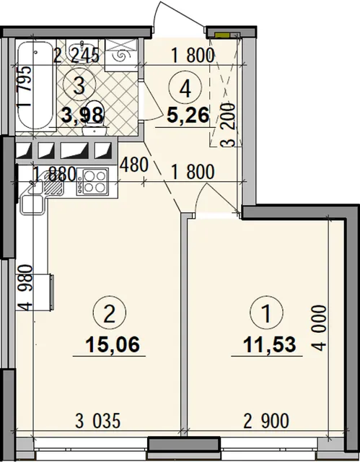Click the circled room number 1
pyautogui.click(x=266, y=313)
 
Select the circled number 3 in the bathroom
pyautogui.click(x=79, y=86)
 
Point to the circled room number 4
pyautogui.click(x=185, y=88)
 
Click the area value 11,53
pyautogui.click(x=269, y=344)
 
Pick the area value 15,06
pyautogui.click(x=112, y=344)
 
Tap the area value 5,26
pyautogui.click(x=188, y=115)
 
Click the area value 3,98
pyautogui.click(x=83, y=115)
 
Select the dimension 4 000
pyautogui.click(x=320, y=328)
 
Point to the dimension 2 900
pyautogui.click(x=266, y=421)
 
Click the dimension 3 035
pyautogui.click(x=98, y=421)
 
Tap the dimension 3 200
pyautogui.click(x=229, y=125)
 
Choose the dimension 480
pyautogui.click(x=134, y=165)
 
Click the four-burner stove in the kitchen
pyautogui.click(x=92, y=182)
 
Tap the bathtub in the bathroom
pyautogui.click(x=35, y=86)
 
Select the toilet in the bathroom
pyautogui.click(x=95, y=118)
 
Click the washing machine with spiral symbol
pyautogui.click(x=121, y=55)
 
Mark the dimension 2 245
pyautogui.click(x=76, y=55)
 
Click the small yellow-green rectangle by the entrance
pyautogui.click(x=222, y=35)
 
